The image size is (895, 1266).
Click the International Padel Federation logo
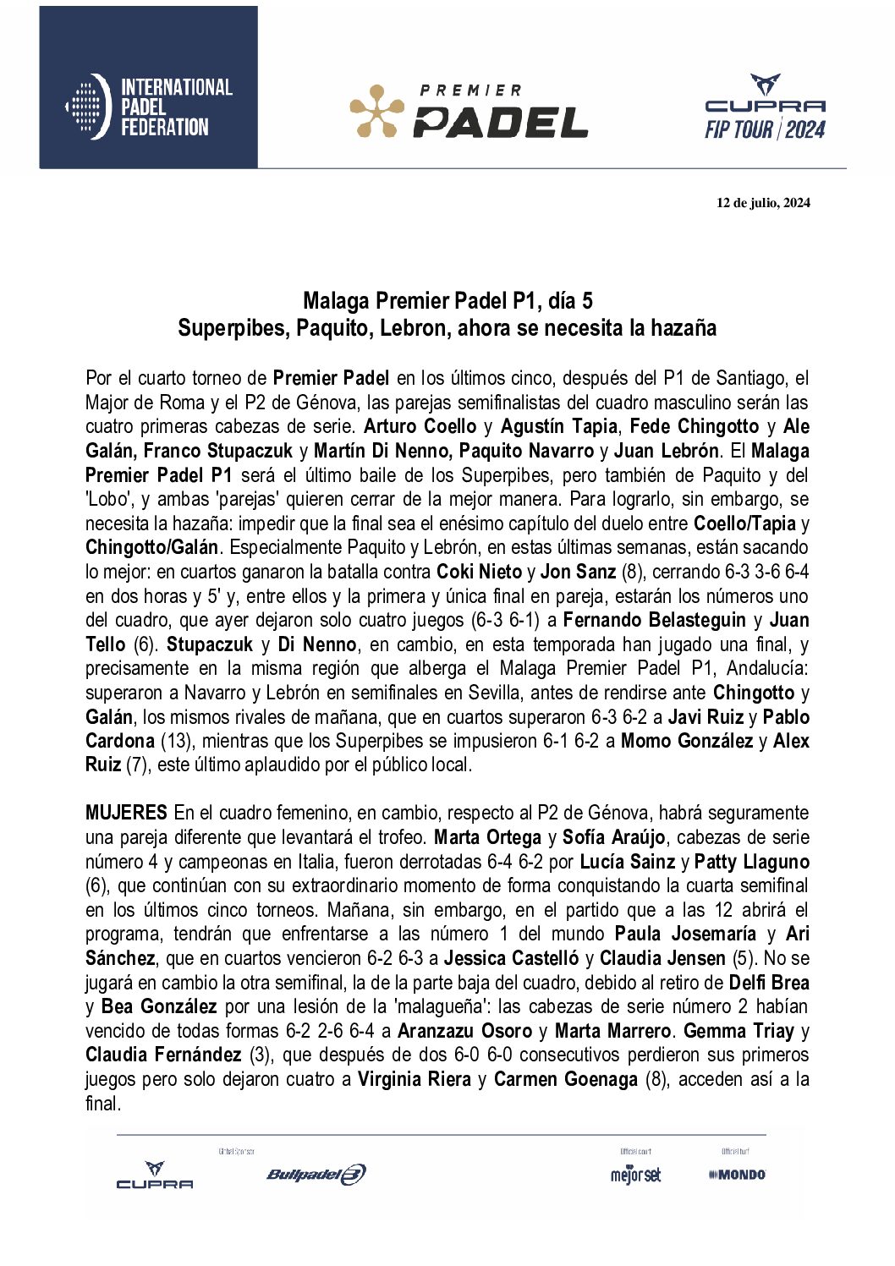[x=149, y=107]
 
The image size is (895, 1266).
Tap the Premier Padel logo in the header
[x=469, y=111]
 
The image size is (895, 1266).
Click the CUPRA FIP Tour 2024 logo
[x=765, y=107]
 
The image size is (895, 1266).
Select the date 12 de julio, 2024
[x=763, y=202]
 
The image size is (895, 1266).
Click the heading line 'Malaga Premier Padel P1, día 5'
[x=447, y=300]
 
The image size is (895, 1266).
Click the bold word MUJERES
[x=126, y=813]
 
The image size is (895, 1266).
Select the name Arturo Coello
[x=420, y=427]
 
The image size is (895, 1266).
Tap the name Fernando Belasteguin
[x=654, y=621]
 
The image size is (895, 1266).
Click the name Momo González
[x=686, y=741]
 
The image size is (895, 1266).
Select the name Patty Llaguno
[x=751, y=862]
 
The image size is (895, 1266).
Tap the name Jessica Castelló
[x=511, y=959]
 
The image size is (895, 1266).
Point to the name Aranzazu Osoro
[x=464, y=1032]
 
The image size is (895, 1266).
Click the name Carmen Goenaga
[x=565, y=1080]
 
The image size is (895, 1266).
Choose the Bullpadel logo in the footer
[x=316, y=1174]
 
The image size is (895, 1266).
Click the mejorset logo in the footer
[x=635, y=1175]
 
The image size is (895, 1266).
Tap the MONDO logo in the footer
[x=737, y=1175]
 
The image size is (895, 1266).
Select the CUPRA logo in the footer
[x=155, y=1176]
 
